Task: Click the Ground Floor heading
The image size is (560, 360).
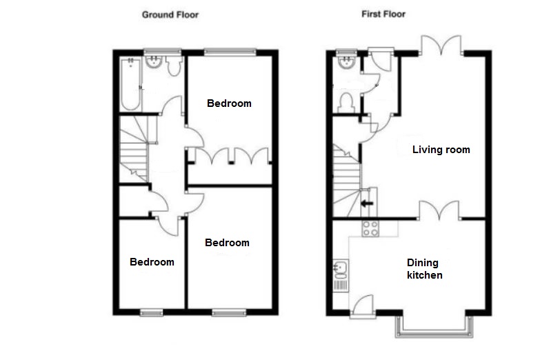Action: point(170,14)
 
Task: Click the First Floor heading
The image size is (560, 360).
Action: point(383,14)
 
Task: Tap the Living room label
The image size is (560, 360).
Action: point(441,149)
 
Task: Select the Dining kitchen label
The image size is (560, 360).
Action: point(425,269)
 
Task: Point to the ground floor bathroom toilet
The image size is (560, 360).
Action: point(174,66)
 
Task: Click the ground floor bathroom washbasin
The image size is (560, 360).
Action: point(154,62)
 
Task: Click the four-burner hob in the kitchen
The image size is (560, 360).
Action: point(370,228)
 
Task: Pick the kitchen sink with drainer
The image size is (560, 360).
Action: point(341,276)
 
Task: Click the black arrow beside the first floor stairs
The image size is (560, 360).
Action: point(367,204)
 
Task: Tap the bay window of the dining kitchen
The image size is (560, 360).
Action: point(434,327)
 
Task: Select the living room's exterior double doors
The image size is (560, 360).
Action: point(441,45)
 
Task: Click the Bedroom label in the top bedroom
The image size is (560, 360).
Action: point(229,103)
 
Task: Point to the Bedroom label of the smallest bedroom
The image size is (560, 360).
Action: point(152,262)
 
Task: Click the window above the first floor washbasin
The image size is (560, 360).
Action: point(346,52)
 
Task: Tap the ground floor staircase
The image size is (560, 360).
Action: point(134,148)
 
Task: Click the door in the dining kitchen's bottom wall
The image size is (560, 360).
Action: point(362,306)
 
